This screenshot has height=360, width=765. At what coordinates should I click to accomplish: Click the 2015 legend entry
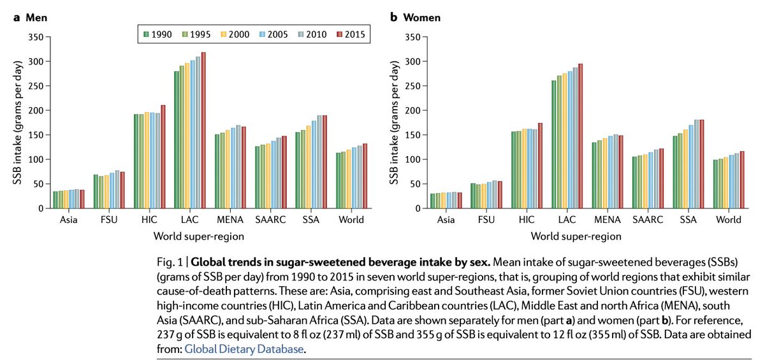pos(351,34)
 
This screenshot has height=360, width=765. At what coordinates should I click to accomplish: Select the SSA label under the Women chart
pos(687,220)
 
